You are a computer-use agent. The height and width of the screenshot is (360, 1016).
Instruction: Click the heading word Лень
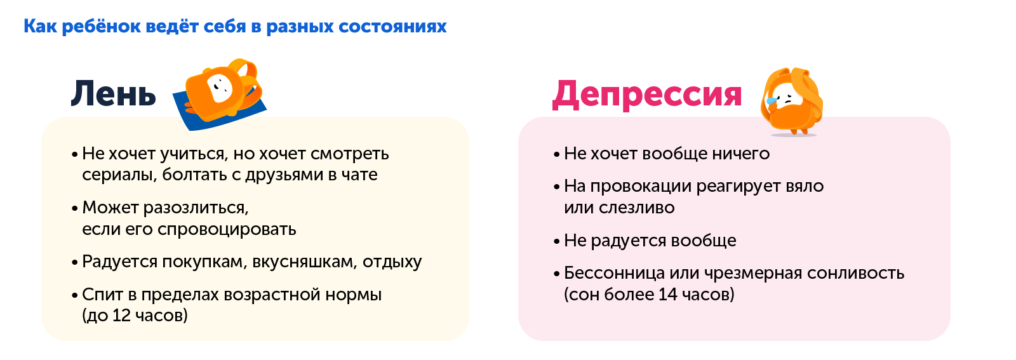point(114,93)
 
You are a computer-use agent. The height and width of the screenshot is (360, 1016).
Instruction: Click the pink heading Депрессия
point(647,95)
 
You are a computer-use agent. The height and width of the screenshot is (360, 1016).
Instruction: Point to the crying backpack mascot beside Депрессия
point(791,102)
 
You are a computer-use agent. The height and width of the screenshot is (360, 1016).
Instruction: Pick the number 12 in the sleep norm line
point(121,316)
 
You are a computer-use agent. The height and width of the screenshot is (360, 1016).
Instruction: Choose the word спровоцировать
point(227,230)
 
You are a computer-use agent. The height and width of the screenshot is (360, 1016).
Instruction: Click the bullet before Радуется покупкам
point(76,263)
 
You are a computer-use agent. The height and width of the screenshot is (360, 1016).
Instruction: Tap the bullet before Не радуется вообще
point(557,242)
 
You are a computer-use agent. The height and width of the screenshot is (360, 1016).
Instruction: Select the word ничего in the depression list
point(740,154)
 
